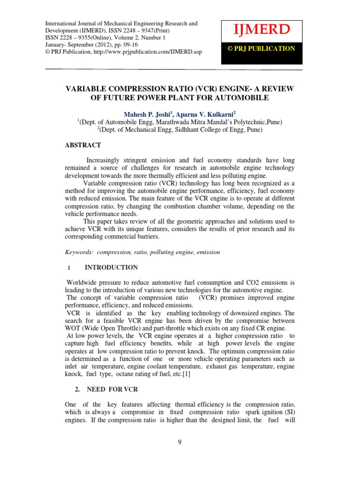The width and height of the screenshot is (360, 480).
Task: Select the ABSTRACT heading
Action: [x=82, y=145]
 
